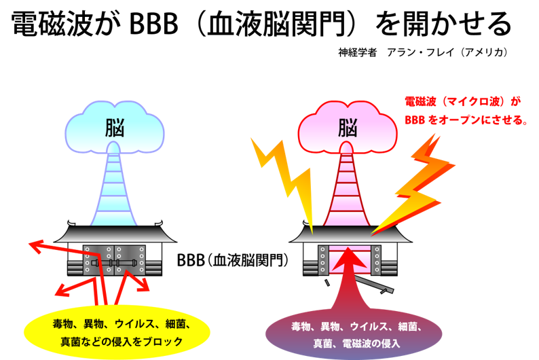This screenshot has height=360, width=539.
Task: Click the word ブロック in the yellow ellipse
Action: (x=164, y=342)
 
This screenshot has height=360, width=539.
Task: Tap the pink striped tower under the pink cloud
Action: (x=347, y=190)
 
